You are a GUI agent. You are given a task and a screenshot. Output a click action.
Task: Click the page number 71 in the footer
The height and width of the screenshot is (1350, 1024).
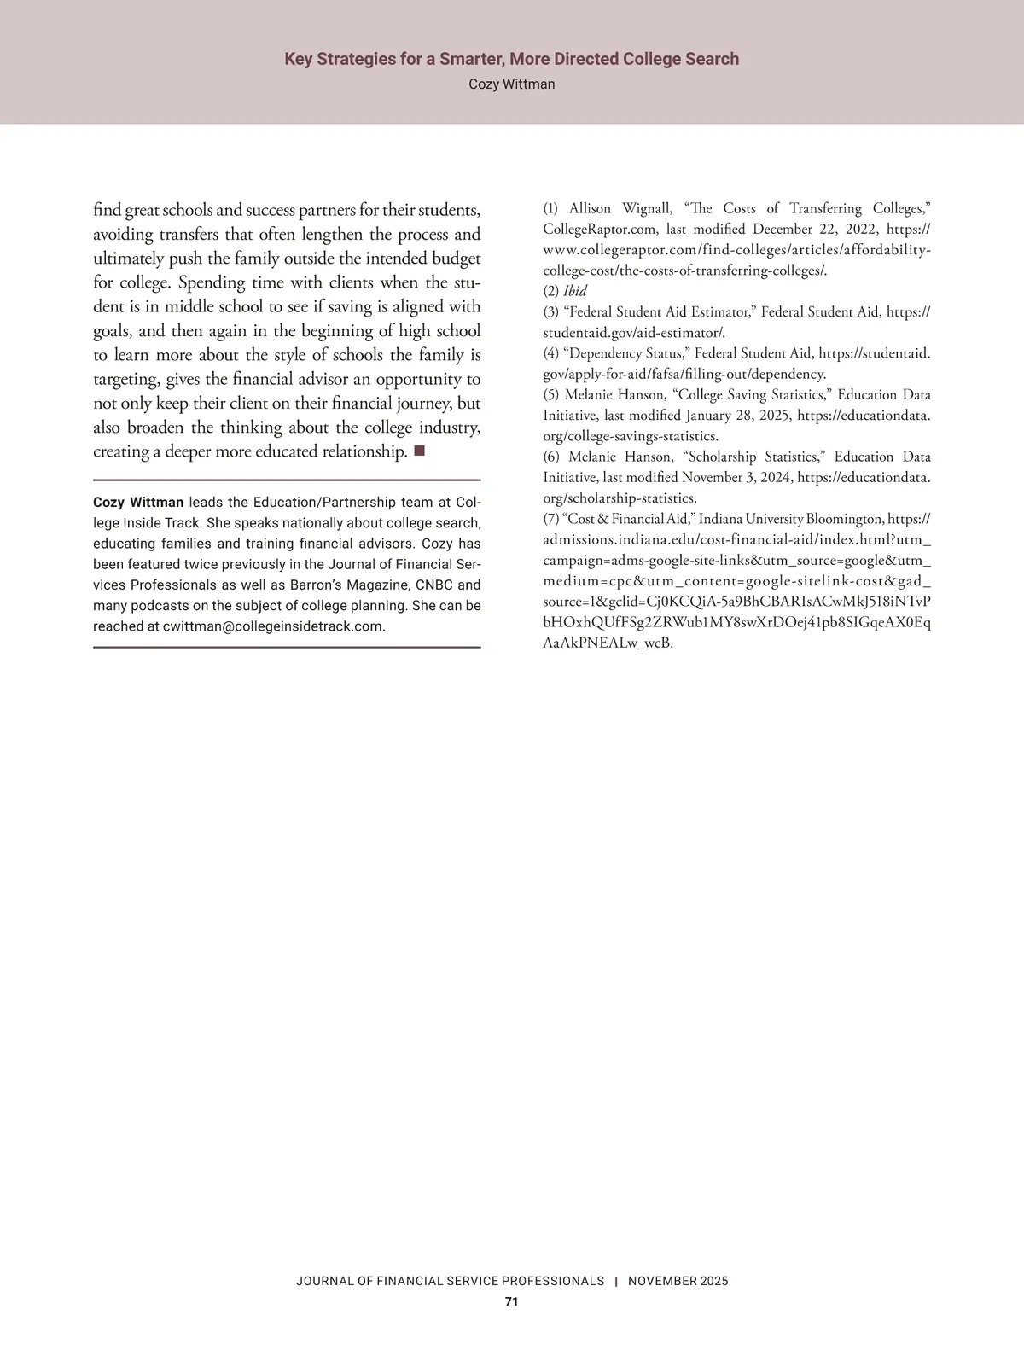511,1301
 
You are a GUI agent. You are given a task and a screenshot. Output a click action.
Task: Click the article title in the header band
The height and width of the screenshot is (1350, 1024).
511,59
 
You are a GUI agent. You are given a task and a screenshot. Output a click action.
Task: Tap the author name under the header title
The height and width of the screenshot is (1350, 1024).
511,84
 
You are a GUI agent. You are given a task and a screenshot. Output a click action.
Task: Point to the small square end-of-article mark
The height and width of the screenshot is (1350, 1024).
419,451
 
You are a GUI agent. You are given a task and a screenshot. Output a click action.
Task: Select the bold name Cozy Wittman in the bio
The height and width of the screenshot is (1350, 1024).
138,502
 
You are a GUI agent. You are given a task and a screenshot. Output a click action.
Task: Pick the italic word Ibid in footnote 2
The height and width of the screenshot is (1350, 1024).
575,291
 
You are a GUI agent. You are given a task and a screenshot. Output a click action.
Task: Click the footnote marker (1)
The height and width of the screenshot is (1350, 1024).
551,208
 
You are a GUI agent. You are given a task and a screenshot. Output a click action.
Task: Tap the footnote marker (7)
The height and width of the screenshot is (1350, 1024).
551,519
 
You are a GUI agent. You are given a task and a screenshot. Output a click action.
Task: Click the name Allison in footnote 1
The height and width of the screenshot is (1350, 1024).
591,208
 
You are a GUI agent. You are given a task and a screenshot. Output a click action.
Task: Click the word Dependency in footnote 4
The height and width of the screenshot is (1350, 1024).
607,353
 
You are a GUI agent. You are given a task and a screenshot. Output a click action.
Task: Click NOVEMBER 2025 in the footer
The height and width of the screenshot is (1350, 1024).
678,1281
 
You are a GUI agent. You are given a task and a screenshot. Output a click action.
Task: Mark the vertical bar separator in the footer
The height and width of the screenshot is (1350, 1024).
616,1281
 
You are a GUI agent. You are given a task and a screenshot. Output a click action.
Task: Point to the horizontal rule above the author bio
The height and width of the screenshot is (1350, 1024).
287,480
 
